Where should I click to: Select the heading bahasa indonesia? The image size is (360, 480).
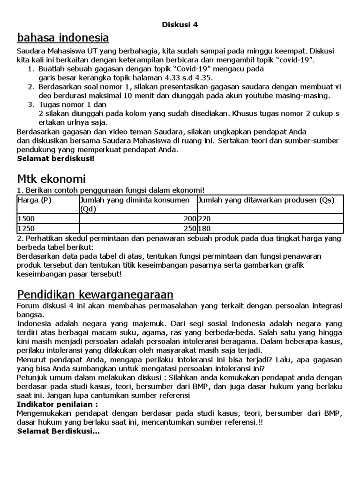(63, 37)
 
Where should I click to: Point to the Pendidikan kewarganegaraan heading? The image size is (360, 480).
(95, 294)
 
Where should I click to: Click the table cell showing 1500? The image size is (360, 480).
(26, 218)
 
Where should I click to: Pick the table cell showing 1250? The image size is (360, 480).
(26, 228)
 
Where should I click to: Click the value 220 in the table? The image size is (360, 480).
(205, 218)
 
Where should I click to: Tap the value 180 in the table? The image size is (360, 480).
(205, 228)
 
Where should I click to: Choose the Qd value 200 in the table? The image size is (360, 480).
(190, 218)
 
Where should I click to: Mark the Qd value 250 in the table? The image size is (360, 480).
(190, 228)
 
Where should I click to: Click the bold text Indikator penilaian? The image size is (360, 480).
(57, 404)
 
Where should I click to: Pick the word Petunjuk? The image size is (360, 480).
(31, 377)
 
